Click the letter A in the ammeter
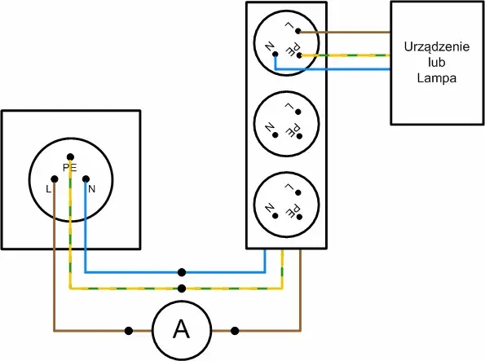pyautogui.click(x=181, y=329)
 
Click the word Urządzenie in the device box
pyautogui.click(x=437, y=46)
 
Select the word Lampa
pyautogui.click(x=437, y=78)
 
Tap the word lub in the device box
pyautogui.click(x=437, y=62)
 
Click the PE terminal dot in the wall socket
pyautogui.click(x=70, y=156)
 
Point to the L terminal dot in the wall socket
pyautogui.click(x=55, y=178)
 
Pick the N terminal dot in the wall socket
pyautogui.click(x=86, y=178)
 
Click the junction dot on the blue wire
pyautogui.click(x=182, y=272)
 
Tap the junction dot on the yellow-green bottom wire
pyautogui.click(x=182, y=288)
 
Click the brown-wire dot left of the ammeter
pyautogui.click(x=129, y=331)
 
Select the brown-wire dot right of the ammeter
pyautogui.click(x=235, y=331)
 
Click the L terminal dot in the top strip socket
pyautogui.click(x=298, y=31)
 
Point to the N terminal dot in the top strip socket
pyautogui.click(x=276, y=54)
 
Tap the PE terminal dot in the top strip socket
pyautogui.click(x=299, y=55)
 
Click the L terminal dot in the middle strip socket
pyautogui.click(x=298, y=112)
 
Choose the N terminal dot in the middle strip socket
pyautogui.click(x=276, y=135)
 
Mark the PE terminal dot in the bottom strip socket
pyautogui.click(x=299, y=217)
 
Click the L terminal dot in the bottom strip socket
pyautogui.click(x=298, y=192)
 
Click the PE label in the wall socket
pyautogui.click(x=70, y=168)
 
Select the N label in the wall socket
pyautogui.click(x=91, y=189)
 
